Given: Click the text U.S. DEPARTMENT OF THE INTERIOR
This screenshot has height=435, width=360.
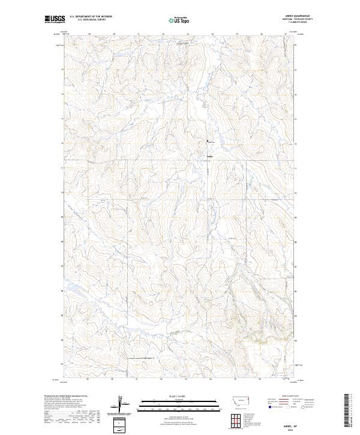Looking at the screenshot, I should pyautogui.click(x=91, y=16).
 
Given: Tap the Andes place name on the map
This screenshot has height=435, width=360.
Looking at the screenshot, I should pyautogui.click(x=209, y=157).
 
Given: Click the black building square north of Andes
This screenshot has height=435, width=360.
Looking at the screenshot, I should pyautogui.click(x=209, y=141).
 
